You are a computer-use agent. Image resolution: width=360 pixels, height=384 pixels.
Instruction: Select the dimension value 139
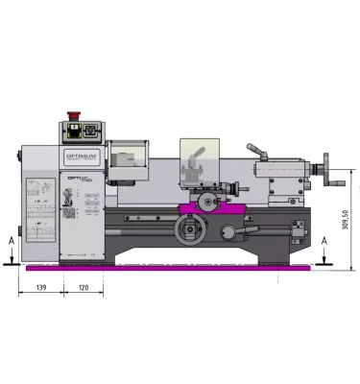click(40, 288)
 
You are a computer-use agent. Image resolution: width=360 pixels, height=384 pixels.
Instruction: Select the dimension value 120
click(84, 288)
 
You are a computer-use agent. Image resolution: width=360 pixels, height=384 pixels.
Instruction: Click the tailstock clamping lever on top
click(257, 152)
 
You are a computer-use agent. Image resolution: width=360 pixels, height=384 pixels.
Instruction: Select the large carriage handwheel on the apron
click(189, 230)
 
